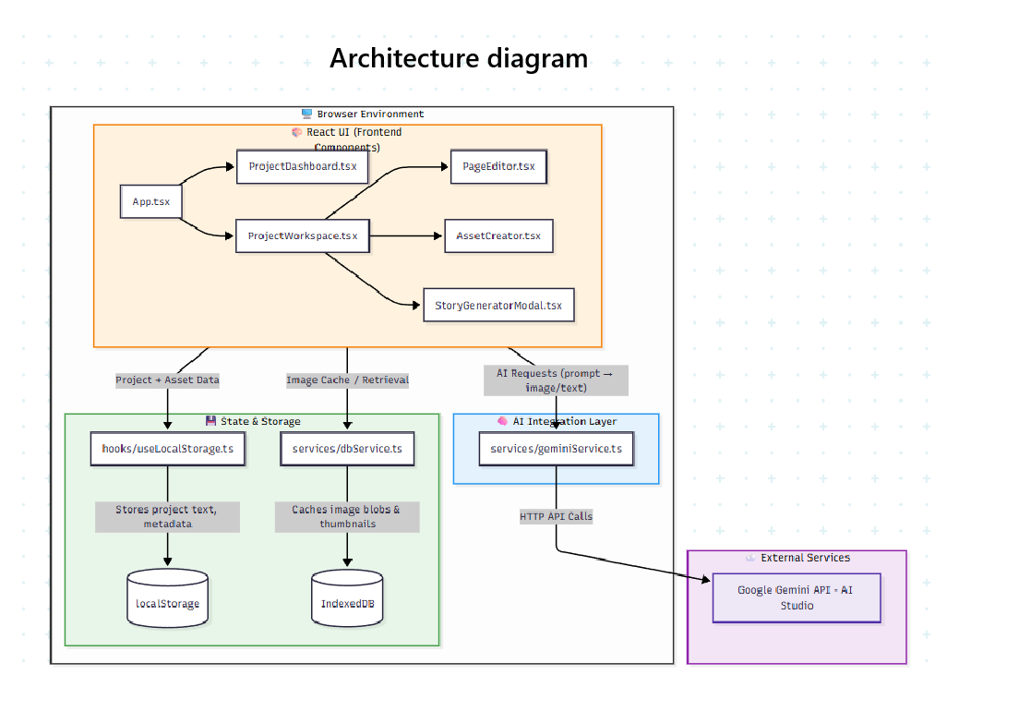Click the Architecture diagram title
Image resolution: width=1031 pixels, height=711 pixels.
pyautogui.click(x=459, y=58)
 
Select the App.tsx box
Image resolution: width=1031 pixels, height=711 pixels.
pyautogui.click(x=150, y=201)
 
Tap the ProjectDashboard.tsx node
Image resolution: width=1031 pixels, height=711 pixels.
pyautogui.click(x=302, y=167)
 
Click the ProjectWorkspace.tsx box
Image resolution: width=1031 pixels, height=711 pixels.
pyautogui.click(x=302, y=235)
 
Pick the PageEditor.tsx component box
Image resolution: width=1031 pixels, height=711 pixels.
pyautogui.click(x=498, y=167)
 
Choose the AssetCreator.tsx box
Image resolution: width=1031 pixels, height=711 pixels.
pyautogui.click(x=498, y=235)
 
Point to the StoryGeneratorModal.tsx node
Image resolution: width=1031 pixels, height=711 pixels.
pyautogui.click(x=498, y=305)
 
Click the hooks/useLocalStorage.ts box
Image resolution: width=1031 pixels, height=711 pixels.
pyautogui.click(x=168, y=449)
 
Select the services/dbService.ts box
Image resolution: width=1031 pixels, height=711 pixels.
pyautogui.click(x=347, y=449)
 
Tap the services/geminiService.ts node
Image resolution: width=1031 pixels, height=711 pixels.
pyautogui.click(x=556, y=449)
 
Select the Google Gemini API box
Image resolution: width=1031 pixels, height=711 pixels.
pyautogui.click(x=797, y=597)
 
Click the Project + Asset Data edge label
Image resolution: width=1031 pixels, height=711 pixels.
pyautogui.click(x=167, y=380)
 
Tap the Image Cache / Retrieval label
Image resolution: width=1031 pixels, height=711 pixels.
pyautogui.click(x=347, y=380)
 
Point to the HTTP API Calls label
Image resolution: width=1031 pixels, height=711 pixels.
pyautogui.click(x=556, y=516)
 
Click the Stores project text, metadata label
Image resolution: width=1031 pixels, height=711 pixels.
pyautogui.click(x=167, y=516)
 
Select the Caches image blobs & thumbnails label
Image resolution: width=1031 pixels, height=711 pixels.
pyautogui.click(x=347, y=516)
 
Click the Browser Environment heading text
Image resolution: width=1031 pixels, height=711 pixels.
pyautogui.click(x=370, y=114)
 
